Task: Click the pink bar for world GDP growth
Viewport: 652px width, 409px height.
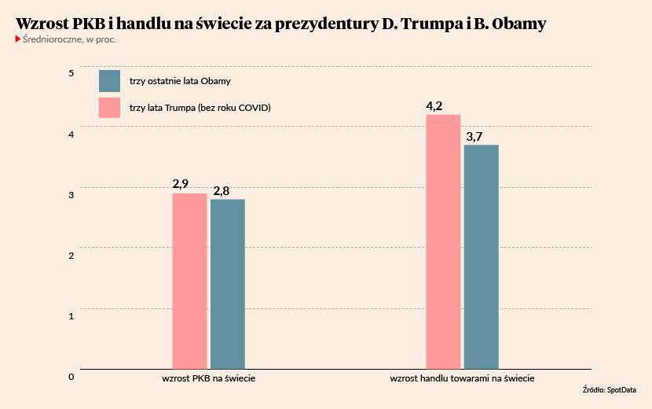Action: pyautogui.click(x=189, y=281)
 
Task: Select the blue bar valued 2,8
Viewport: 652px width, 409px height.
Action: pyautogui.click(x=228, y=284)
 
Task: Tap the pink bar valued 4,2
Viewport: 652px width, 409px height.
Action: pyautogui.click(x=443, y=241)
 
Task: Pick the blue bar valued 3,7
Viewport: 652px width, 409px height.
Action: pyautogui.click(x=482, y=256)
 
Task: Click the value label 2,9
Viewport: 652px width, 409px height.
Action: pyautogui.click(x=181, y=184)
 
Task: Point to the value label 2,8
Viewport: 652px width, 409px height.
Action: pyautogui.click(x=222, y=190)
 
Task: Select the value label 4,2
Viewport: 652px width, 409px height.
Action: pyautogui.click(x=434, y=105)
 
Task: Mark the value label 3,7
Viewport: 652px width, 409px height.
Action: pyautogui.click(x=474, y=136)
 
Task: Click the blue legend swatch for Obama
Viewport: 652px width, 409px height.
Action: pyautogui.click(x=109, y=81)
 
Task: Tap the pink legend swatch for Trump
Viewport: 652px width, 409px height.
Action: pyautogui.click(x=109, y=108)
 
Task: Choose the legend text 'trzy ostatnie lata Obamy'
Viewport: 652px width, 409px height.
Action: pyautogui.click(x=179, y=82)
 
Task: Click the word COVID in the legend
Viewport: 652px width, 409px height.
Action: pyautogui.click(x=253, y=108)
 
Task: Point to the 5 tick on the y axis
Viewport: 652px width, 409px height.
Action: pyautogui.click(x=71, y=73)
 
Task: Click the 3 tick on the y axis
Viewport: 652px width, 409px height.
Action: pyautogui.click(x=71, y=194)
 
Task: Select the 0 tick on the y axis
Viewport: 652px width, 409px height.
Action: pyautogui.click(x=71, y=376)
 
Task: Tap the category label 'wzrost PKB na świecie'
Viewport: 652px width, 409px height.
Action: pyautogui.click(x=208, y=378)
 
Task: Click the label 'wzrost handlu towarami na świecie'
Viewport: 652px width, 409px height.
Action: pyautogui.click(x=463, y=378)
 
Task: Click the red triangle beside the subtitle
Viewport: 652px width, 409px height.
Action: pyautogui.click(x=18, y=39)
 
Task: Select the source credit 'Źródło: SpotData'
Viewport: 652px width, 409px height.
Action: pyautogui.click(x=610, y=390)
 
